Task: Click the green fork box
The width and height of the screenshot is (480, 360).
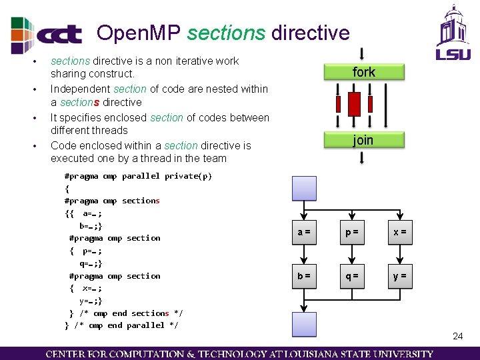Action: (364, 72)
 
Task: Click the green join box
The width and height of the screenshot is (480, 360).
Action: (364, 140)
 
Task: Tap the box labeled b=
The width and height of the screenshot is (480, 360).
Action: (304, 275)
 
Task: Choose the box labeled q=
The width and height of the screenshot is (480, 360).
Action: (351, 275)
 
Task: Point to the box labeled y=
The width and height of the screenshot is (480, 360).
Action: (400, 275)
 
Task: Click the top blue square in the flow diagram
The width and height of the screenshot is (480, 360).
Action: (304, 188)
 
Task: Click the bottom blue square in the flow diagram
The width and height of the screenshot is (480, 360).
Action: (304, 325)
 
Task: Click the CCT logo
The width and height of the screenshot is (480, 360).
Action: (47, 35)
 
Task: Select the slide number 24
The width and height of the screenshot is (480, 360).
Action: (457, 336)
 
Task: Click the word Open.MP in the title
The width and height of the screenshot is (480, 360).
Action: (139, 33)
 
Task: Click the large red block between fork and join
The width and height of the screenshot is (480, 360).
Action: (355, 103)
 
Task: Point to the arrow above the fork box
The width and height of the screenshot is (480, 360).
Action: (361, 53)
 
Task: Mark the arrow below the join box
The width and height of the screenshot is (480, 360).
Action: (361, 157)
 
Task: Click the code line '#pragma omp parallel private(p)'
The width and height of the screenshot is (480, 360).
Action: (138, 176)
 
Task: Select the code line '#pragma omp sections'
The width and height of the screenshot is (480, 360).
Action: (112, 201)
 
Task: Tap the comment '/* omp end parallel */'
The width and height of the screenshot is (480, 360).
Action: (127, 325)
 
